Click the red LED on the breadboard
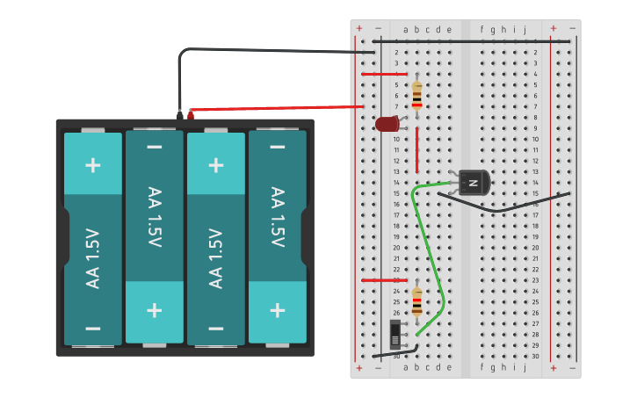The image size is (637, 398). point(387,124)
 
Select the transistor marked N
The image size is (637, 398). point(473,183)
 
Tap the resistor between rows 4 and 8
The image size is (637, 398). point(416,93)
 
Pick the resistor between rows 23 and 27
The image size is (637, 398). point(416,301)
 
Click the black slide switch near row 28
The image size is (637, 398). point(395,334)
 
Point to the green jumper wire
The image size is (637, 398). point(432,255)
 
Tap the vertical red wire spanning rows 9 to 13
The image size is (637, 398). point(417,149)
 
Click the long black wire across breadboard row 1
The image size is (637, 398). point(474,40)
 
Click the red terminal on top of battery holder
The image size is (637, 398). point(191,114)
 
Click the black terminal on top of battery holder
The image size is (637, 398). point(180,114)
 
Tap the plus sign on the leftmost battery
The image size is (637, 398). point(93,165)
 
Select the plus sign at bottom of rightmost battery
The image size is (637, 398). point(278,310)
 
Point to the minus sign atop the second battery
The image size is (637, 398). point(155,146)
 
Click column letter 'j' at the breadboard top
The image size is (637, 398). point(525,30)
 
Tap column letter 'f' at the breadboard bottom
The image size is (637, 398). point(481,367)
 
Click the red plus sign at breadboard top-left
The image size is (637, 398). point(358,29)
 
